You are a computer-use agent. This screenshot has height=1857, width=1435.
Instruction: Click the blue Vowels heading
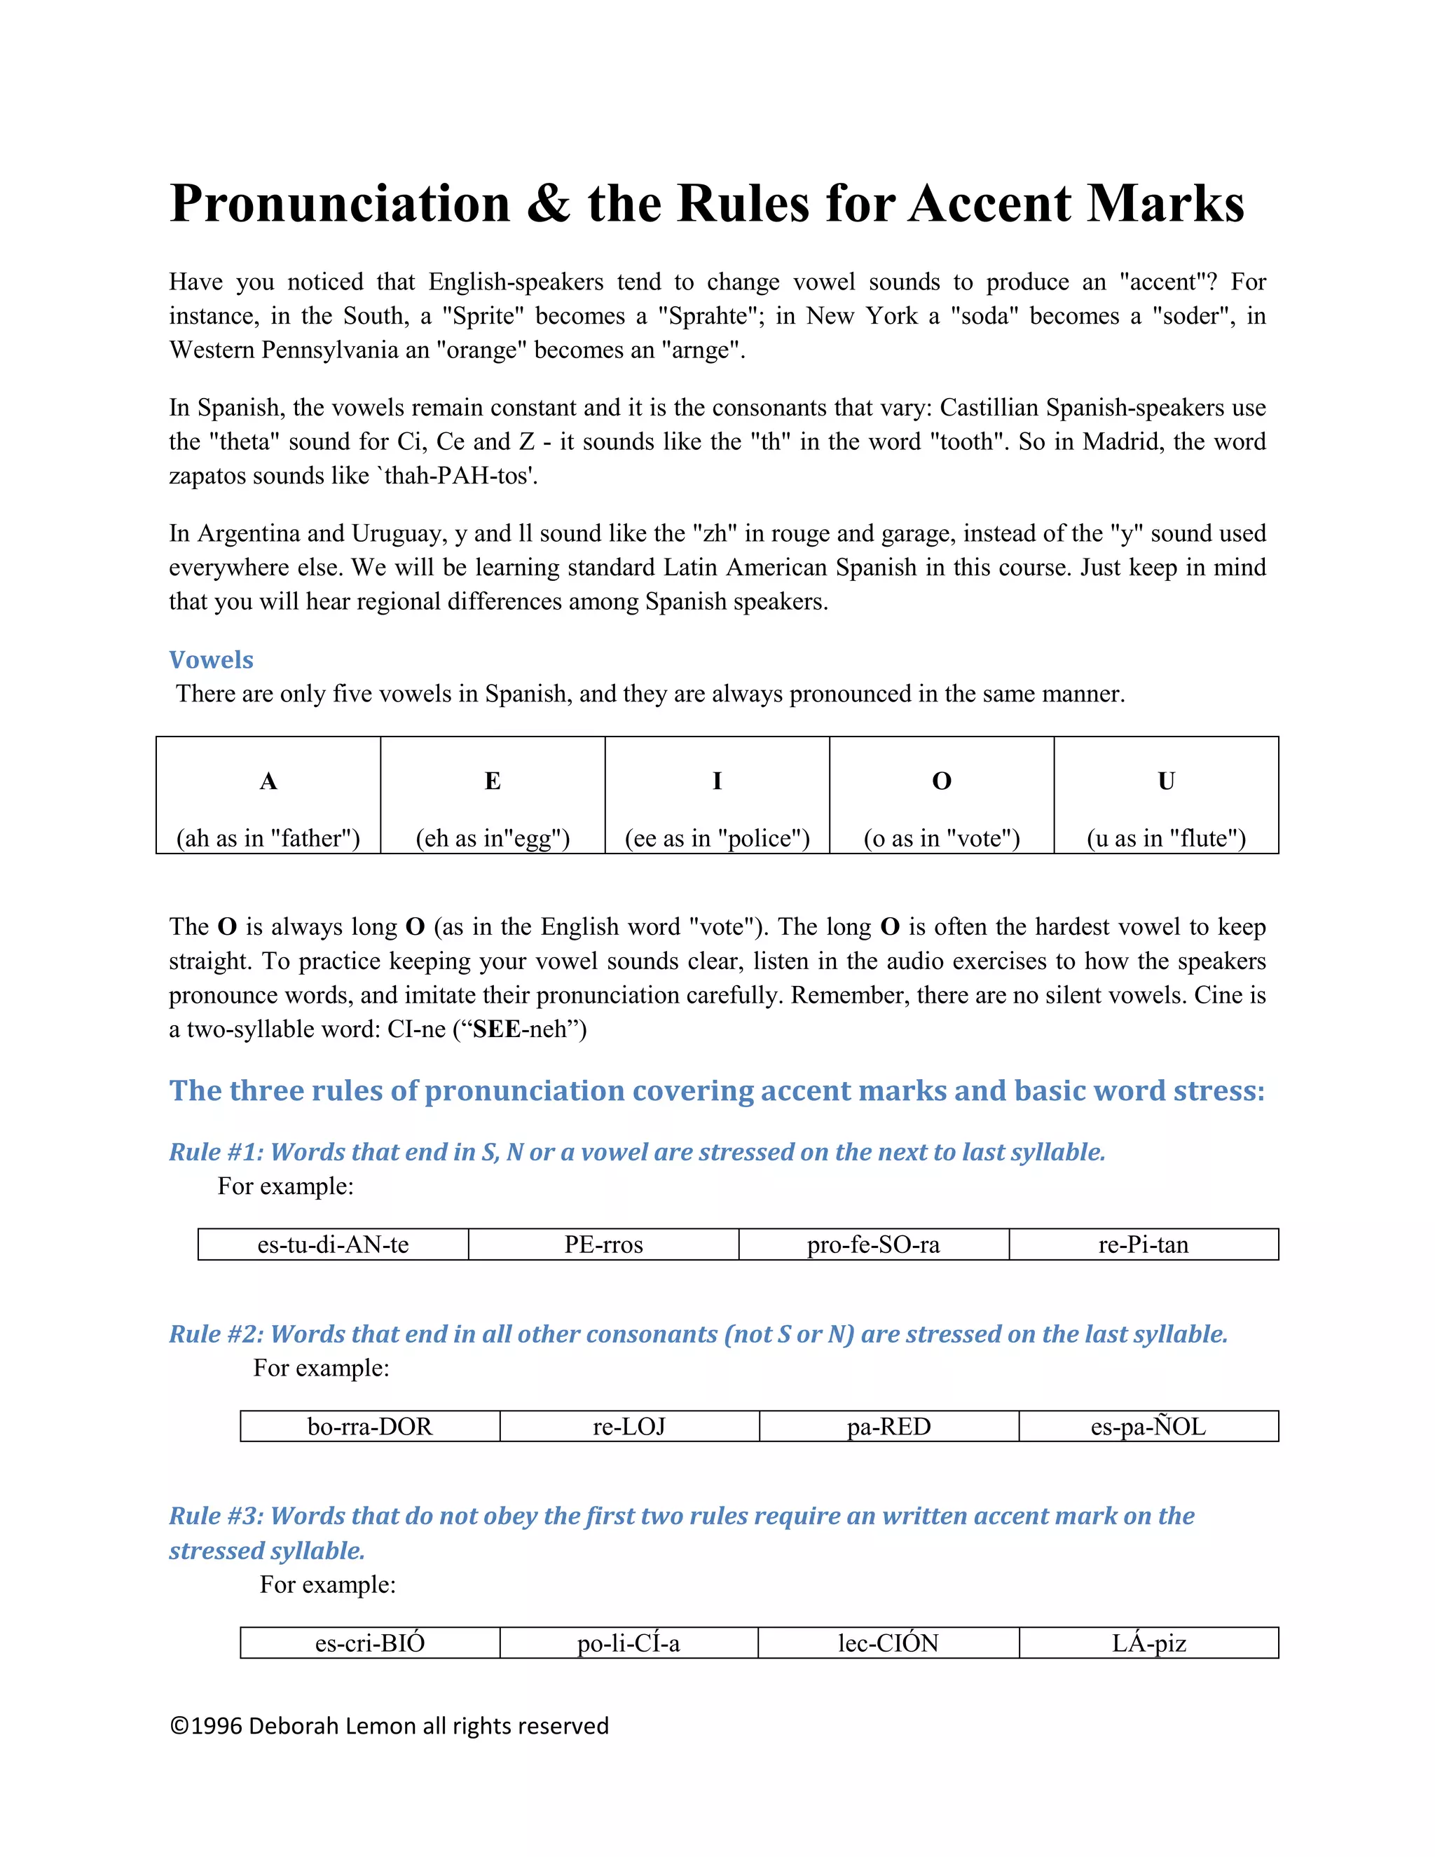tap(211, 660)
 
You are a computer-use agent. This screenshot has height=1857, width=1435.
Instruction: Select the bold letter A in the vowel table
tap(268, 781)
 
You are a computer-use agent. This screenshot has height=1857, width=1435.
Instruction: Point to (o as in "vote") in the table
tap(941, 838)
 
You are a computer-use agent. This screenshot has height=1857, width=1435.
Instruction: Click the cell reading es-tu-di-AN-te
tap(334, 1245)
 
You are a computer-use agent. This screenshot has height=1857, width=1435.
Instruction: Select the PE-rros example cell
tap(603, 1245)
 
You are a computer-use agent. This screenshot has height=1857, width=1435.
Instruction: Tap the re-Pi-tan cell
tap(1144, 1245)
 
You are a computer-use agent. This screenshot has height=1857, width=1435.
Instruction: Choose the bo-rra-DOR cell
tap(370, 1426)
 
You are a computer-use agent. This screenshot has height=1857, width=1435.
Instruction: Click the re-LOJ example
tap(629, 1426)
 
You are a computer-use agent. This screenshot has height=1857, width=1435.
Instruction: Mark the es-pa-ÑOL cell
tap(1148, 1426)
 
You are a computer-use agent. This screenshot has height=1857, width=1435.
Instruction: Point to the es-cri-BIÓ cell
tap(370, 1643)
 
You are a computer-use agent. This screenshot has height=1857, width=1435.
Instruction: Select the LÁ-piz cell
tap(1148, 1643)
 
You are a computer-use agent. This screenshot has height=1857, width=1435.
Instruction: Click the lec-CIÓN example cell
tap(888, 1643)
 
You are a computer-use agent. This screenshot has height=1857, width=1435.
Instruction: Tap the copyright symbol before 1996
tap(179, 1726)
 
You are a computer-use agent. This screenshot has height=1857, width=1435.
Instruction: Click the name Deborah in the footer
tap(294, 1726)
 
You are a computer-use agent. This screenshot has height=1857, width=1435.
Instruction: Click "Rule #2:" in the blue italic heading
tap(216, 1334)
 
